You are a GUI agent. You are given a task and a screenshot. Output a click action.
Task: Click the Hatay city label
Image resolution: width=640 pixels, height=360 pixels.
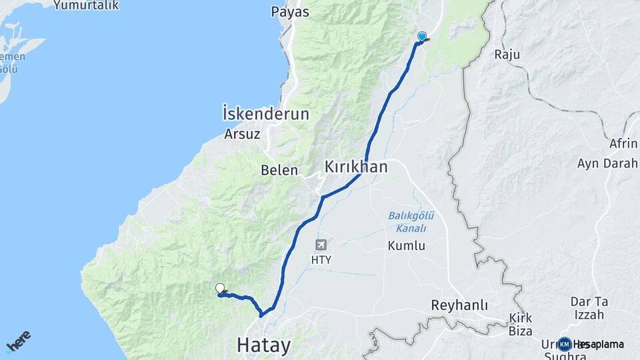[264, 345]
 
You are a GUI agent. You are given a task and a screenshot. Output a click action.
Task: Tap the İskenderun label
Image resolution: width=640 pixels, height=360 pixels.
[266, 114]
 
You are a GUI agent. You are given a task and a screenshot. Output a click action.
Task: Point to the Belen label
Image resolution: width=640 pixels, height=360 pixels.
[279, 170]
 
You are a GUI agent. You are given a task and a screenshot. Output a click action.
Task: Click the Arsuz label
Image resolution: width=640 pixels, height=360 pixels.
[242, 133]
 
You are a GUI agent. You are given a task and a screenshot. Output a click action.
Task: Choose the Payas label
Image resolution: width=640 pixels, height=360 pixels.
[290, 12]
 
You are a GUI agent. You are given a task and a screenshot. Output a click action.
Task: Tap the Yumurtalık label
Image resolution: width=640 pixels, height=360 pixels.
[86, 5]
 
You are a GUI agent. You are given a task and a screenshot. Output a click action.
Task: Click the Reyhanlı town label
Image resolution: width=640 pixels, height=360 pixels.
[459, 305]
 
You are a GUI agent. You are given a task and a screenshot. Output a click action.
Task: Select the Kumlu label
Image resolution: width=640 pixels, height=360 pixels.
[406, 245]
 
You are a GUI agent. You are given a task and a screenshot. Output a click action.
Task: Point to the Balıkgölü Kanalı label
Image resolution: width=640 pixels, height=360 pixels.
[407, 221]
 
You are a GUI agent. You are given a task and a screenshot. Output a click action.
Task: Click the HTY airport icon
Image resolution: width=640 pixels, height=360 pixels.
[321, 245]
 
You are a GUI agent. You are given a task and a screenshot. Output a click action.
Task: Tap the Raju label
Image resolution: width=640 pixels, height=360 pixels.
[507, 55]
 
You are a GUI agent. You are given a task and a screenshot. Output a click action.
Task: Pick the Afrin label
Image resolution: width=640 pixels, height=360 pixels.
[623, 143]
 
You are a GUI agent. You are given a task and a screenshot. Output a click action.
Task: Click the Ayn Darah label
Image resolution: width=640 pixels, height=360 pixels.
[607, 163]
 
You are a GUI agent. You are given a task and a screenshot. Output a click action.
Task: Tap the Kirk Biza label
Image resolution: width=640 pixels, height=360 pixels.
[520, 324]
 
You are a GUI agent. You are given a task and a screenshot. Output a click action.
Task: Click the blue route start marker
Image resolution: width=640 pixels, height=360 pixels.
[421, 36]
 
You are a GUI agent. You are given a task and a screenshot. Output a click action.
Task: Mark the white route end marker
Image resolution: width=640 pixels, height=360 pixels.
[220, 288]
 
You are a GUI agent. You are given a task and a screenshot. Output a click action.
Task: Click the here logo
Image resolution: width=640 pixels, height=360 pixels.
[19, 341]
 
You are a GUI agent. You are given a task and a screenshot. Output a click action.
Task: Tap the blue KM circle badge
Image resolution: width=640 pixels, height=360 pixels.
[565, 344]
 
